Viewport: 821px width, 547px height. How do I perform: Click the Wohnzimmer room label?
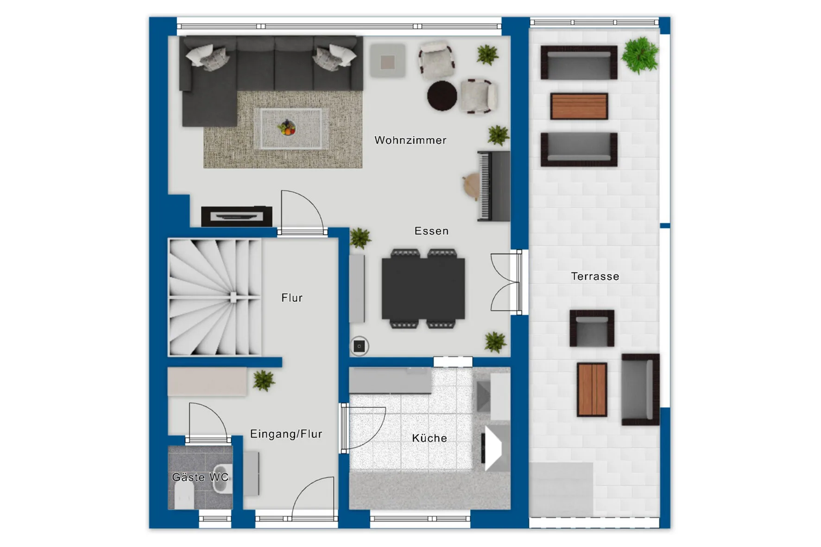pos(410,140)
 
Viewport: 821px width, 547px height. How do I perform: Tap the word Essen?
pos(431,231)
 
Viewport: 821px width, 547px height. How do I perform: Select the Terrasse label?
pos(595,277)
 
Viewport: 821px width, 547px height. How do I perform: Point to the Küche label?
pos(429,438)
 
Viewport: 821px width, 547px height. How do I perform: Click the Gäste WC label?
pos(200,477)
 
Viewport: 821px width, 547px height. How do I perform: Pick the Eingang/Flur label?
pos(286,434)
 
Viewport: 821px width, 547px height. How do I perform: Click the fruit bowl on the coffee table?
pos(287,127)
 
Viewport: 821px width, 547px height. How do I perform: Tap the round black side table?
pos(442,96)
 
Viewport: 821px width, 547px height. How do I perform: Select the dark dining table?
pos(423,289)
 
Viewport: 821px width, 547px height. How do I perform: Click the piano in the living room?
pos(494,186)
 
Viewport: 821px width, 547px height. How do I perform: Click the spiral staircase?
pos(215,297)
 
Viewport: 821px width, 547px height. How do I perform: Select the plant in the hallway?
pos(264,381)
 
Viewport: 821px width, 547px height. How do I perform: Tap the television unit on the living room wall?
pos(236,216)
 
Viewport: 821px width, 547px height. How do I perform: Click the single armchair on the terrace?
pos(592,328)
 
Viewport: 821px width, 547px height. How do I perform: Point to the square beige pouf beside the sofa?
pos(388,61)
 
